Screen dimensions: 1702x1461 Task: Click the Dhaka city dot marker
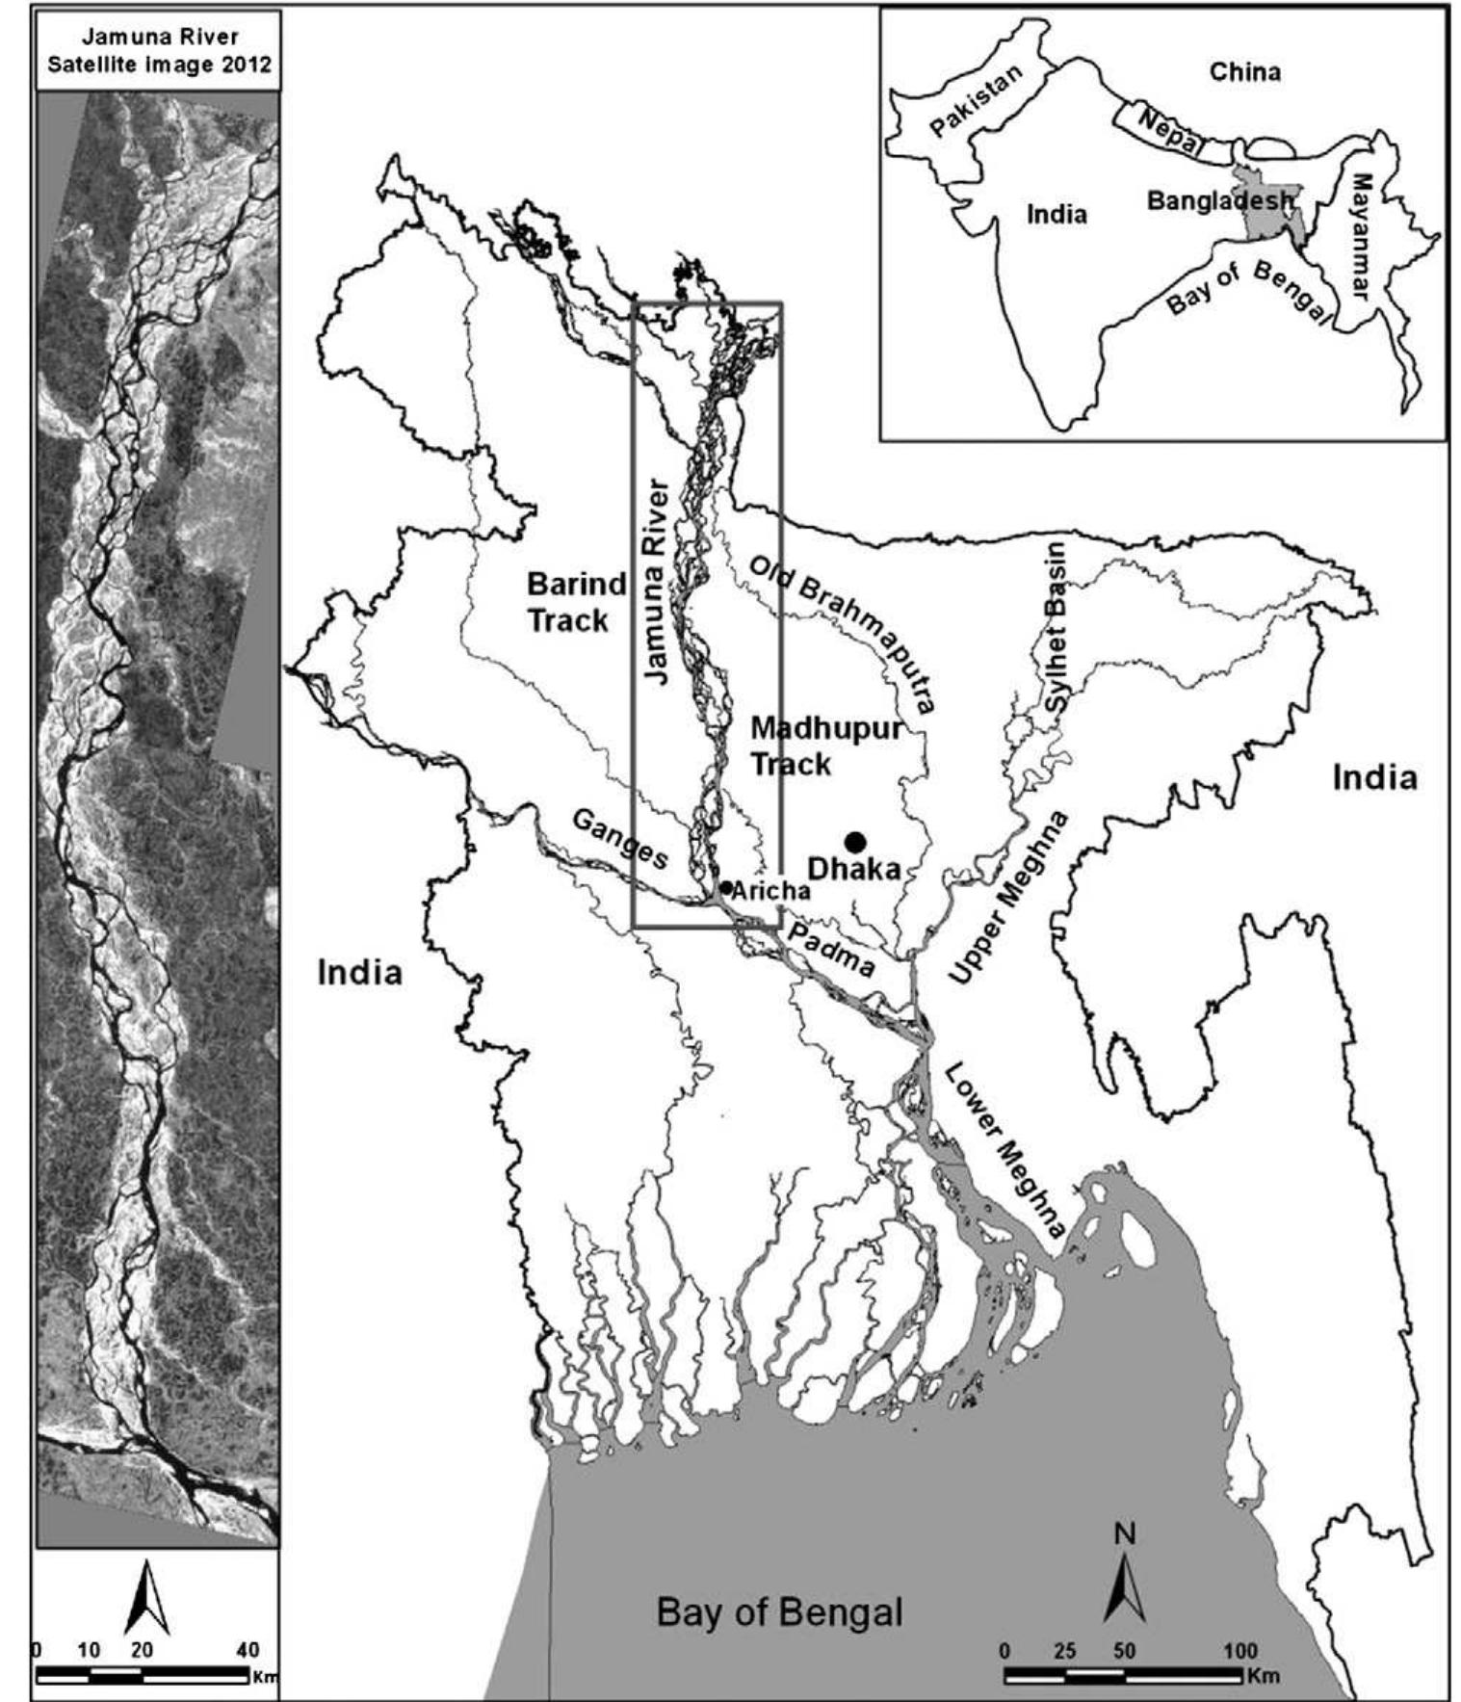[854, 841]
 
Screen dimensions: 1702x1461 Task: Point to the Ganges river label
[620, 839]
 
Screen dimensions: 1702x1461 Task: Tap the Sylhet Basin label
[1057, 627]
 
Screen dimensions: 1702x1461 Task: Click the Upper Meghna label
[1008, 898]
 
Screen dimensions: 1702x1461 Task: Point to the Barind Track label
[575, 602]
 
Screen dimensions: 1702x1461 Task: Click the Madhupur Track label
[825, 746]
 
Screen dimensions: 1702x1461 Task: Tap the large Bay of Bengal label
[779, 1610]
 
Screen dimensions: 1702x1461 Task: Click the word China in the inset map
[1244, 71]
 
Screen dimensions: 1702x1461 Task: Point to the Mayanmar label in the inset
[1360, 236]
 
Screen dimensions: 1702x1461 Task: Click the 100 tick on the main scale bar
[1240, 1650]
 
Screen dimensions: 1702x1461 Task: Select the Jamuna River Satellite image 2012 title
[159, 50]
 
